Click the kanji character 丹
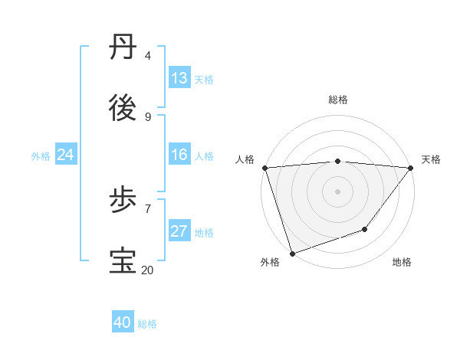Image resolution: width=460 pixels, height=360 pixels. coord(124,47)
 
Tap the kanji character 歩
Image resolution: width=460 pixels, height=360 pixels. coord(124,201)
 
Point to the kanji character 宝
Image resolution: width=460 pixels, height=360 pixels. coord(124,261)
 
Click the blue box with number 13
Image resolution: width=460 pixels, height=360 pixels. coord(179,78)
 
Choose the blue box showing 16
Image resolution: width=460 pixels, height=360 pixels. coord(179,155)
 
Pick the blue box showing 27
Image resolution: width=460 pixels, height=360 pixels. coord(179,231)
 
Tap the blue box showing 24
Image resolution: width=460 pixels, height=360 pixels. coord(65,155)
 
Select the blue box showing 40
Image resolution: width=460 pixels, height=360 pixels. coord(123,322)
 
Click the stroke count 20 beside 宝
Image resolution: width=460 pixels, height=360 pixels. coord(147,270)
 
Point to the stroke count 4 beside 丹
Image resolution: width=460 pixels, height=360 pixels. coord(147,56)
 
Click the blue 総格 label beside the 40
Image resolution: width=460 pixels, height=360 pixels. coord(147,324)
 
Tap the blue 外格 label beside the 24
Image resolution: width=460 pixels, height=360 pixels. coord(41,155)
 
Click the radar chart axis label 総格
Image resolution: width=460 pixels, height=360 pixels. coord(338,100)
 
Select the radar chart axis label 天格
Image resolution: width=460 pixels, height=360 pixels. coord(431,159)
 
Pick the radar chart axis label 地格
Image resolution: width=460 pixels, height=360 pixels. coord(402,262)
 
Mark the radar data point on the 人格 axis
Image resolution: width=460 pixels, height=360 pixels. coord(264,168)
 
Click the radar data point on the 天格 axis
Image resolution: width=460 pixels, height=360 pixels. coord(411,168)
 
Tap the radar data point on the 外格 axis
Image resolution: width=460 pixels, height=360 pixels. coord(292,253)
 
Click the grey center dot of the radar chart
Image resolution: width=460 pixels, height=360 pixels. coord(338,191)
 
